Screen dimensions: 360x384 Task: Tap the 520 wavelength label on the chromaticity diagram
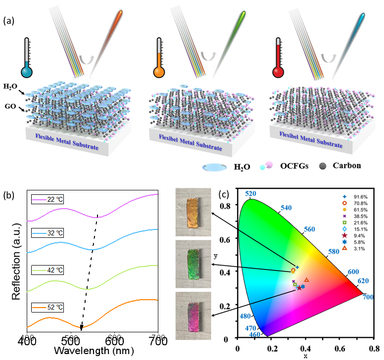[250, 194]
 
